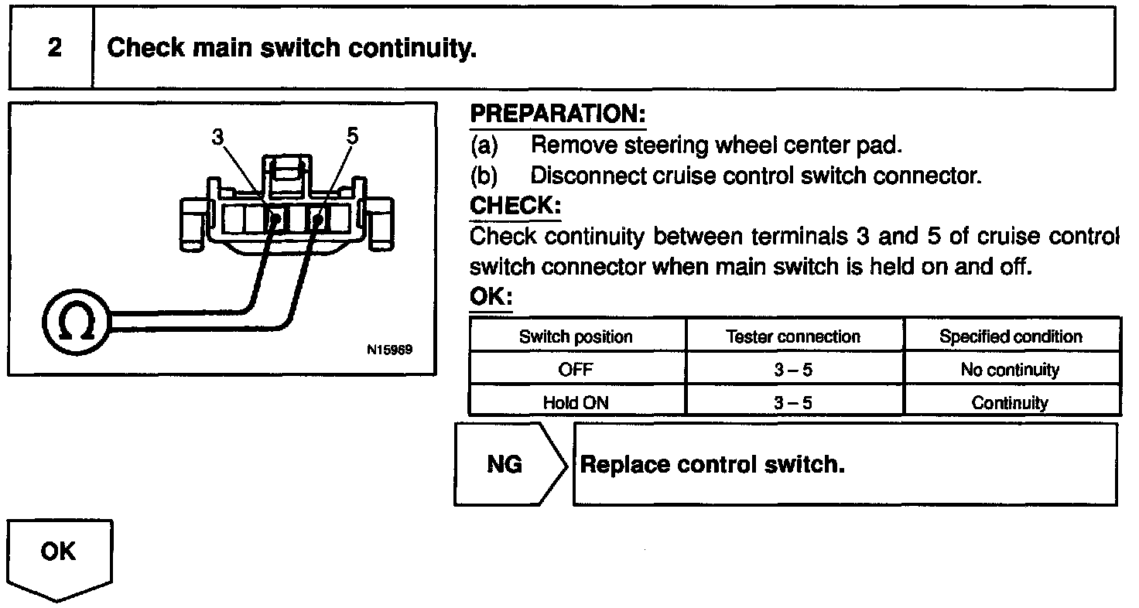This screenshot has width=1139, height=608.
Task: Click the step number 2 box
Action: [x=53, y=48]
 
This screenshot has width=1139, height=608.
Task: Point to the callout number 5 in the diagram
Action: [x=353, y=136]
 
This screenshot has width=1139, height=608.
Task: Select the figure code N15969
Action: [x=389, y=349]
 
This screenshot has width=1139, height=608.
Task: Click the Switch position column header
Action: [x=576, y=336]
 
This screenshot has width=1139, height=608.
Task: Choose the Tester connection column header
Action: [x=793, y=336]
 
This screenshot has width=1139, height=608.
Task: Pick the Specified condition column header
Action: [x=1011, y=336]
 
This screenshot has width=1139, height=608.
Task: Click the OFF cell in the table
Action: [x=576, y=370]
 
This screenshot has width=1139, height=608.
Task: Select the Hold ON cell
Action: [x=576, y=402]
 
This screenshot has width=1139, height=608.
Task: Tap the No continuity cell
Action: [x=1010, y=370]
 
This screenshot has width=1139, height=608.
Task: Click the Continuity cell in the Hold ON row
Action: [x=1010, y=402]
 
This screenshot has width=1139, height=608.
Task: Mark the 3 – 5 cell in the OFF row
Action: [x=793, y=370]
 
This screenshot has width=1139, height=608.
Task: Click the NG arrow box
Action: [x=506, y=464]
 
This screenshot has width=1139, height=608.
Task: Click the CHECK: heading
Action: [x=515, y=207]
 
